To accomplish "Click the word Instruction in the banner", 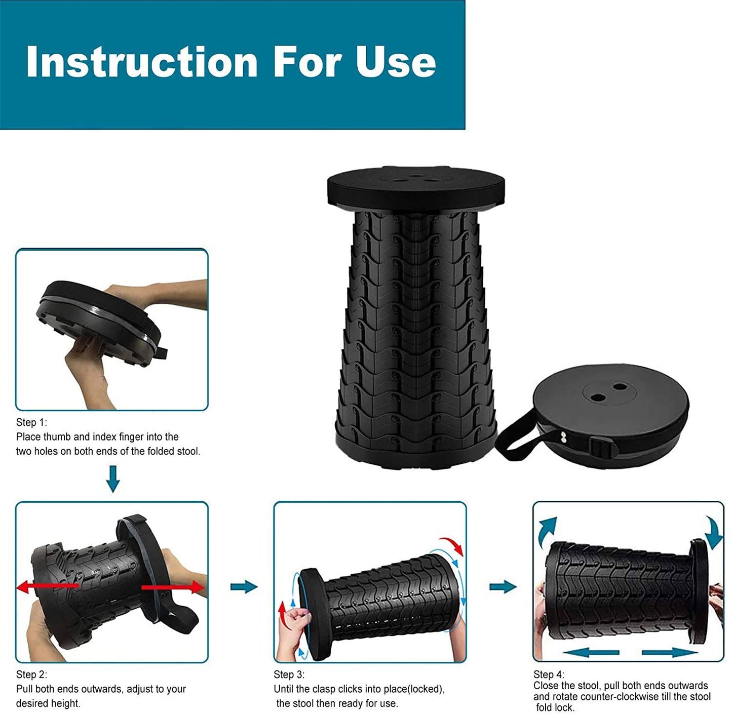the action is (142, 62).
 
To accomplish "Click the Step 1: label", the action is (31, 422).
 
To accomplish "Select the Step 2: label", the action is (31, 675).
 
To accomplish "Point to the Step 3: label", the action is (289, 675).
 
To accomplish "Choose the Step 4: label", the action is (549, 674).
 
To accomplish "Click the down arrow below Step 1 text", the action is (112, 479).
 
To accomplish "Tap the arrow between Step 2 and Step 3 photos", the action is (244, 586).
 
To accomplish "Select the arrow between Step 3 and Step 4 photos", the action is (503, 586).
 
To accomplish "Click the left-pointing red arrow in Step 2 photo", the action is (47, 587).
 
